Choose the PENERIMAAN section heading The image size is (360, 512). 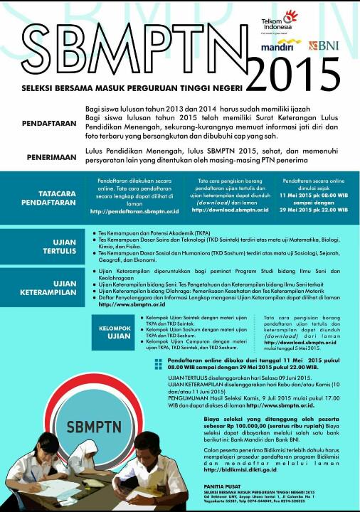pos(48,156)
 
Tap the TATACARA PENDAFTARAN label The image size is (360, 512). pos(49,196)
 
